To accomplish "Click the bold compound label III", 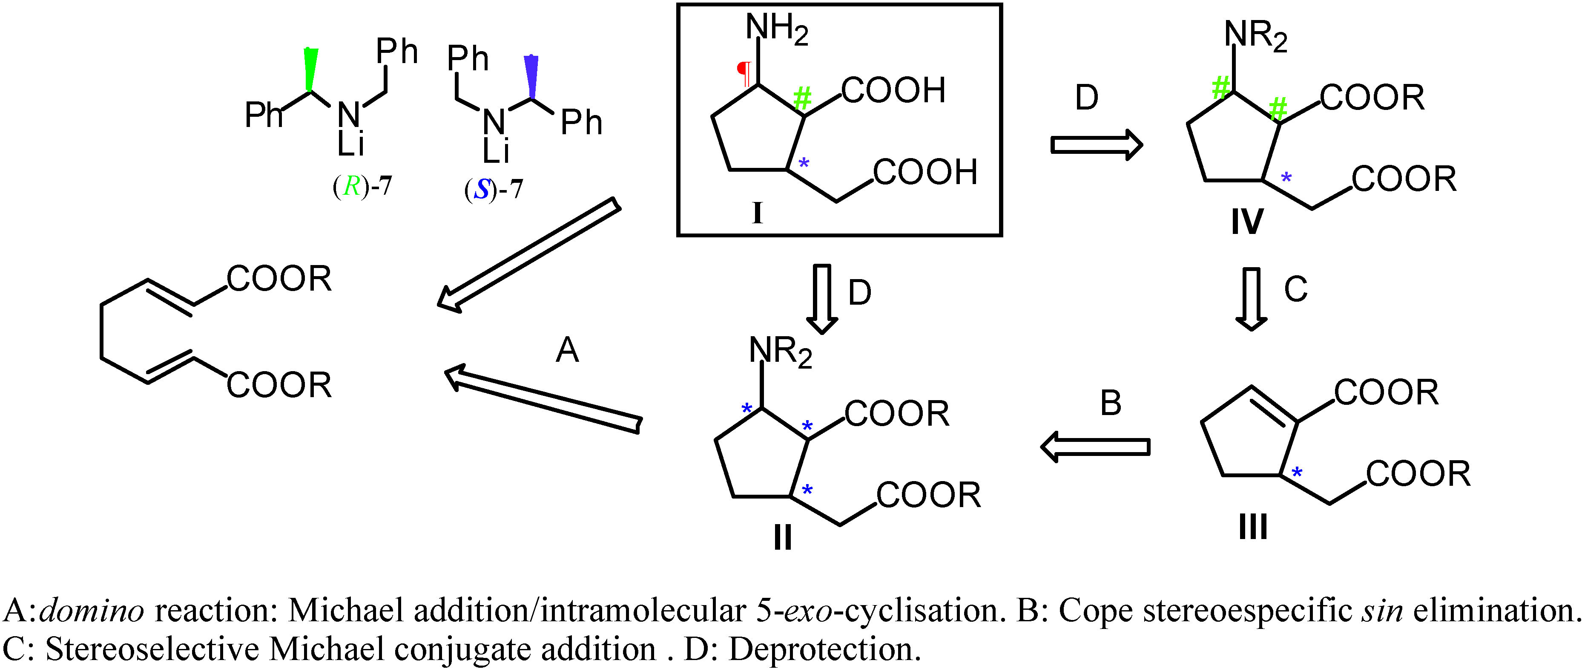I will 1253,527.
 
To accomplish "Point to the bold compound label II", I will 782,537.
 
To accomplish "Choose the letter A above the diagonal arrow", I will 567,351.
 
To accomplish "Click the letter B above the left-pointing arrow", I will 1110,404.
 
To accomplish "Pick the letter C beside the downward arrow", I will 1295,289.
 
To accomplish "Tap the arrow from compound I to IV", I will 1096,145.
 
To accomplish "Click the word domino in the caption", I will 92,611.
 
